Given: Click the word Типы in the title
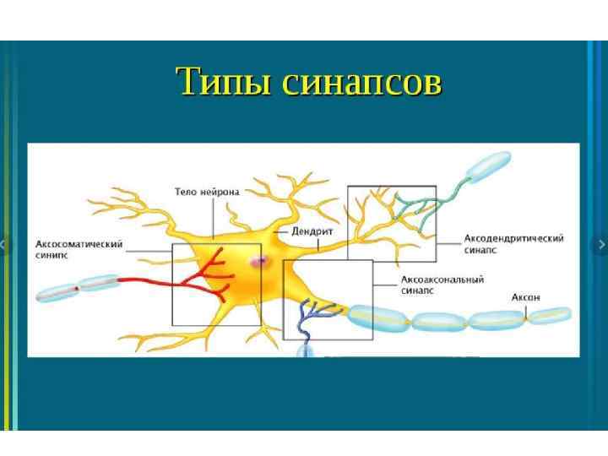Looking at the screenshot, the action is pos(223,83).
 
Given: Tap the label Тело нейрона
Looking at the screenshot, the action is pos(207,193).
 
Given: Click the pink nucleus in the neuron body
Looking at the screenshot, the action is pos(258,262).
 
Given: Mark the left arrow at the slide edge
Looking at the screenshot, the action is pos(3,245).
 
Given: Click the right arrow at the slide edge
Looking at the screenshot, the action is pos(601,245).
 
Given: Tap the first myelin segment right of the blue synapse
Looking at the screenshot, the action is pos(377,316).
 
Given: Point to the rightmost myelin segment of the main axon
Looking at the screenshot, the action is pos(550,316).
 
